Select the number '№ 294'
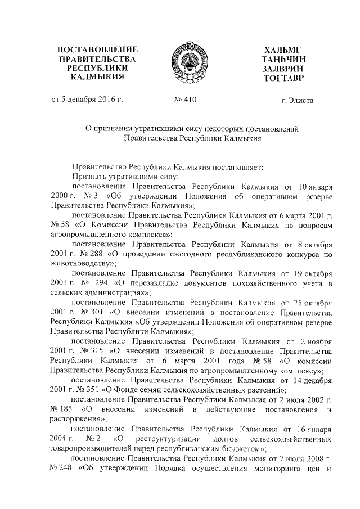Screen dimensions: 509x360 click(92, 281)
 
